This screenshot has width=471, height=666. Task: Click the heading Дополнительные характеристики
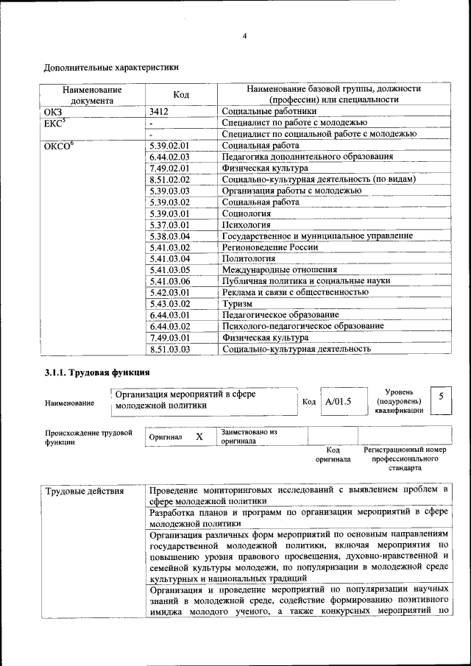111,68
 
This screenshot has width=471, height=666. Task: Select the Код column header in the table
180,94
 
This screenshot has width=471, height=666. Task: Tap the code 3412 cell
159,111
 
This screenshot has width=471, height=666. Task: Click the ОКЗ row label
55,111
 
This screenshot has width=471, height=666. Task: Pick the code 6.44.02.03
169,157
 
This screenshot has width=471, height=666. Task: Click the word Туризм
237,303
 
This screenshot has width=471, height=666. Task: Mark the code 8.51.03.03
169,349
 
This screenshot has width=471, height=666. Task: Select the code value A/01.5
339,402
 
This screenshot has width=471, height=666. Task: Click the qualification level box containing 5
440,397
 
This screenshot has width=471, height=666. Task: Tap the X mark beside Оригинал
199,436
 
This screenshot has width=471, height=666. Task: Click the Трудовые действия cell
84,491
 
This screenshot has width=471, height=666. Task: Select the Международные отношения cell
274,269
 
